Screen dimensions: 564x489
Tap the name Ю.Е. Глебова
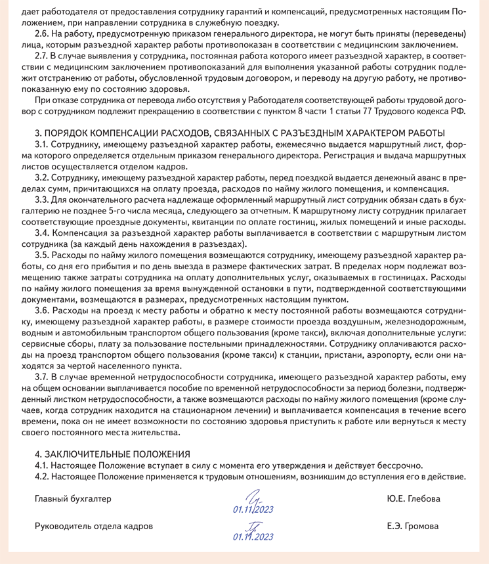point(414,499)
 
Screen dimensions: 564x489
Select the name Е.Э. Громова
point(414,526)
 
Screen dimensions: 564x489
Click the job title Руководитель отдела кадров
point(93,526)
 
